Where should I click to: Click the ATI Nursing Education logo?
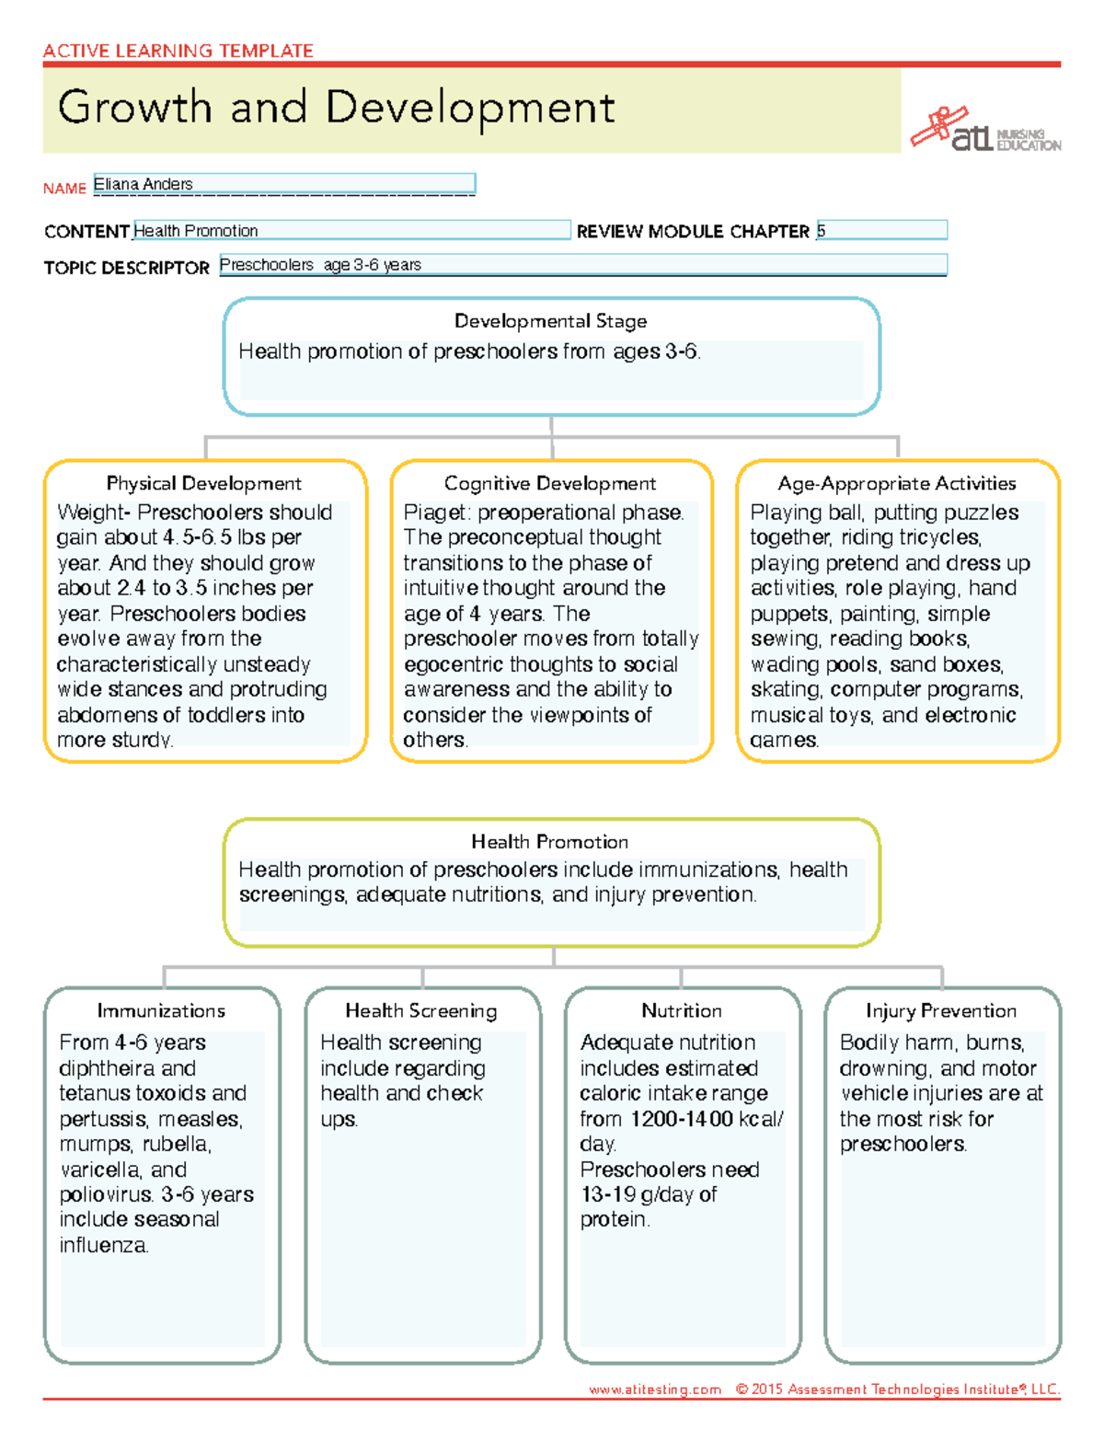click(984, 130)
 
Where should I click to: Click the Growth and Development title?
click(336, 108)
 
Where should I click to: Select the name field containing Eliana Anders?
click(283, 184)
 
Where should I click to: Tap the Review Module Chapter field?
click(881, 230)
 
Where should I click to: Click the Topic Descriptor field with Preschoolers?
click(582, 265)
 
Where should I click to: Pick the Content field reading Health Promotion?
click(351, 230)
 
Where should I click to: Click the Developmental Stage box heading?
click(550, 321)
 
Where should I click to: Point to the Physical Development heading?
click(203, 484)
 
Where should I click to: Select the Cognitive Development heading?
click(550, 484)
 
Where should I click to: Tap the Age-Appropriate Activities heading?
click(897, 484)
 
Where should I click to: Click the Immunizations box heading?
click(161, 1011)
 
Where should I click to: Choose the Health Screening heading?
click(421, 1011)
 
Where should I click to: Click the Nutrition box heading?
click(682, 1011)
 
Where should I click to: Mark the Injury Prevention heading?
click(941, 1011)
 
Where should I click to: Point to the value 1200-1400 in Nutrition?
click(682, 1120)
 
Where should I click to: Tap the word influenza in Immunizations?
click(102, 1246)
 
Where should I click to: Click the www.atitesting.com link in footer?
click(655, 1389)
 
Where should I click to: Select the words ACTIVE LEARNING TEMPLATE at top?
click(178, 51)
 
